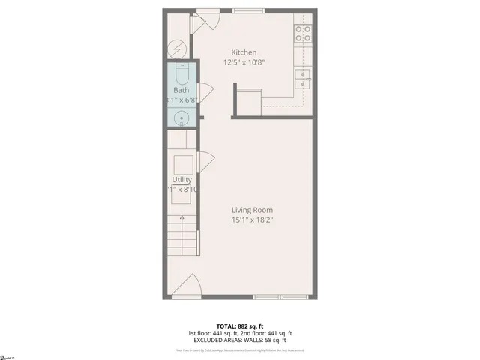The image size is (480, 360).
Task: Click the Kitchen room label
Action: [x=244, y=52]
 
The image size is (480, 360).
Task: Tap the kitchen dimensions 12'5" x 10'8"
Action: [x=244, y=62]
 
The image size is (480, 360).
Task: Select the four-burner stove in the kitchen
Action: [x=303, y=33]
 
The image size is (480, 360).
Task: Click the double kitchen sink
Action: [x=303, y=79]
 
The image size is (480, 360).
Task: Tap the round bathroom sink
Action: [x=181, y=118]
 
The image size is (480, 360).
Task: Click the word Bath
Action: [x=181, y=91]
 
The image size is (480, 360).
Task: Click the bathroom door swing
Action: [x=205, y=93]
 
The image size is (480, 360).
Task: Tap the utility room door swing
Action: [x=205, y=161]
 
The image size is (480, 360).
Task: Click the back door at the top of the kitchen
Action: [x=205, y=21]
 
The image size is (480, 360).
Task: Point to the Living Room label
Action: [x=252, y=210]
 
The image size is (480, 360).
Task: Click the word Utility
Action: [x=181, y=180]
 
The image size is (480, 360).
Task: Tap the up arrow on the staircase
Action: [x=181, y=221]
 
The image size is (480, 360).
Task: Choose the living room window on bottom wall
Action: [x=280, y=297]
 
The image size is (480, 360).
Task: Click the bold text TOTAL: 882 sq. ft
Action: [x=240, y=326]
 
